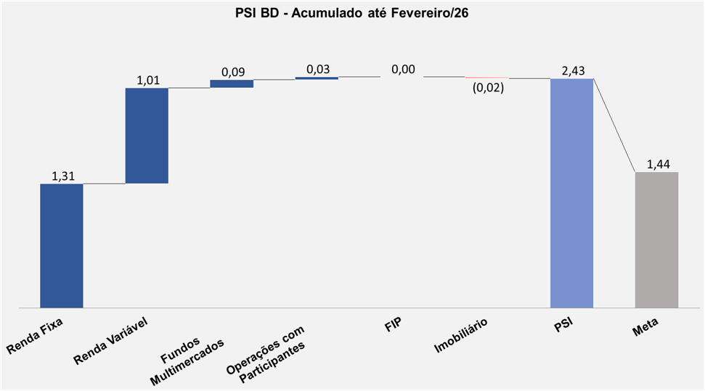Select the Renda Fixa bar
pyautogui.click(x=62, y=246)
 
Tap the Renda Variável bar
pyautogui.click(x=147, y=136)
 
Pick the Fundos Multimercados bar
pyautogui.click(x=232, y=83)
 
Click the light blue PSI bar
pyautogui.click(x=571, y=193)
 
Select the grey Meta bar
pyautogui.click(x=656, y=240)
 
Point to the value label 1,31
pyautogui.click(x=63, y=176)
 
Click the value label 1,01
pyautogui.click(x=148, y=80)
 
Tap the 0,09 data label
pyautogui.click(x=232, y=72)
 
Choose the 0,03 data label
pyautogui.click(x=317, y=69)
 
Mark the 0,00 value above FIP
pyautogui.click(x=403, y=69)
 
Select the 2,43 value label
pyautogui.click(x=573, y=70)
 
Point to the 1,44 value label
pyautogui.click(x=657, y=165)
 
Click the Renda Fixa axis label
pyautogui.click(x=35, y=338)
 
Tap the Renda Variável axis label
pyautogui.click(x=110, y=342)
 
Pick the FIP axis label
pyautogui.click(x=393, y=324)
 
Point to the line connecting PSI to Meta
pyautogui.click(x=614, y=125)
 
